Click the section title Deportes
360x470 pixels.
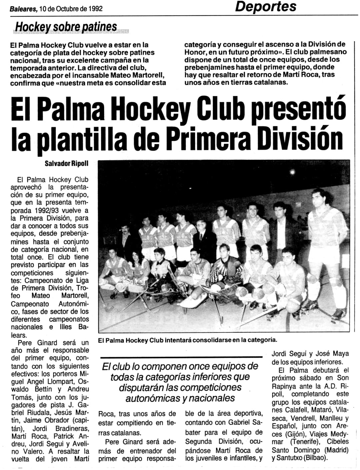[266, 7]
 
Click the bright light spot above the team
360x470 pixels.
[292, 172]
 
